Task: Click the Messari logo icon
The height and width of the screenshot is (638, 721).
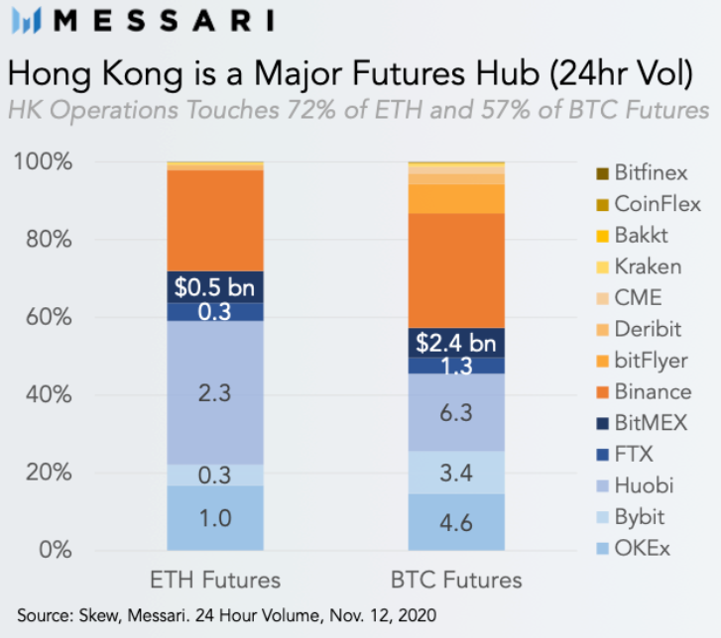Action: point(25,21)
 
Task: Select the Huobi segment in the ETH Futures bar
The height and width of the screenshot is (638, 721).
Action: point(214,392)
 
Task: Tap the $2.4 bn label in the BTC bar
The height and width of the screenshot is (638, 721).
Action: point(456,343)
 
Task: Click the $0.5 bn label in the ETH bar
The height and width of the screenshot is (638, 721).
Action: point(214,286)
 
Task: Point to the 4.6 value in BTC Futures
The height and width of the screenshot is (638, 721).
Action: point(456,521)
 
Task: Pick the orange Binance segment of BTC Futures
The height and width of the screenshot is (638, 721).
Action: point(456,269)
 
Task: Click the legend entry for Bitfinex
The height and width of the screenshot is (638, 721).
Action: point(644,174)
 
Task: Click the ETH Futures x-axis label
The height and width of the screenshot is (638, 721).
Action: point(214,580)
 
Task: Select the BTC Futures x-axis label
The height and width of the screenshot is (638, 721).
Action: point(456,580)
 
